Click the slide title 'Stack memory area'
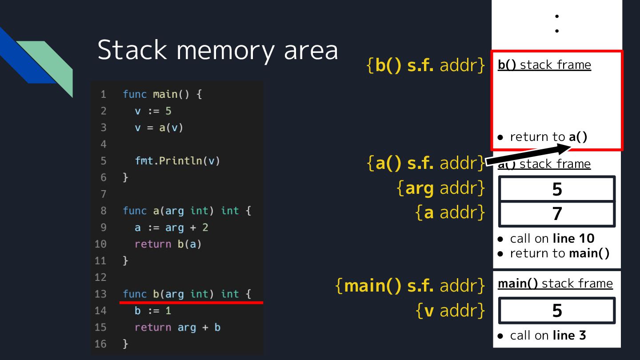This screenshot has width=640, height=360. point(217,50)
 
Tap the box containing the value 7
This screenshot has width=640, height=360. point(557,214)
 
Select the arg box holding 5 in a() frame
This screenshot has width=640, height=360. point(557,189)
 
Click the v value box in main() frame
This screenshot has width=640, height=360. point(557,310)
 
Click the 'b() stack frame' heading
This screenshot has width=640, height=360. point(544,65)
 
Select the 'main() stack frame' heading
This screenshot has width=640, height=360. point(555,283)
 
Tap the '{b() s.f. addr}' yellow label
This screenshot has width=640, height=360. point(426,65)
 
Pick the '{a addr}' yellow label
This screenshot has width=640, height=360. point(450,212)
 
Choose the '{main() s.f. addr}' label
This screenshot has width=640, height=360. point(410,285)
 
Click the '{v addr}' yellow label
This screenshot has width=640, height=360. point(450,310)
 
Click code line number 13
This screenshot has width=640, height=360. point(100,294)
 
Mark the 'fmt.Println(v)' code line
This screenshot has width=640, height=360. point(177,160)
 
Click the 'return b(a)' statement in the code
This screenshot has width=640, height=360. point(168,244)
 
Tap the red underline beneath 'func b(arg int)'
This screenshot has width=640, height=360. point(191,303)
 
